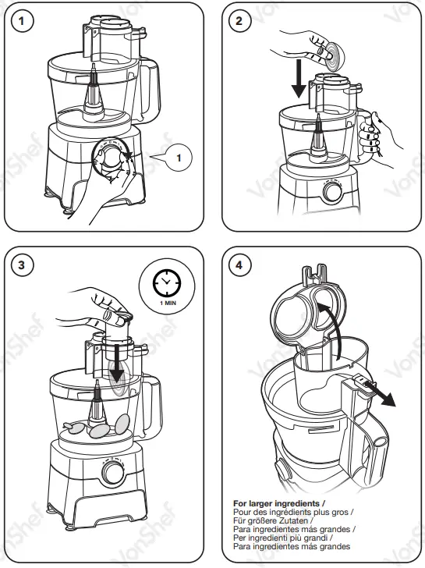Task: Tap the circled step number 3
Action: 27,264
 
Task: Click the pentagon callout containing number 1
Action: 178,158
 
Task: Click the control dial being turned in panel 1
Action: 112,159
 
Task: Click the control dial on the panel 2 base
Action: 333,192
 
